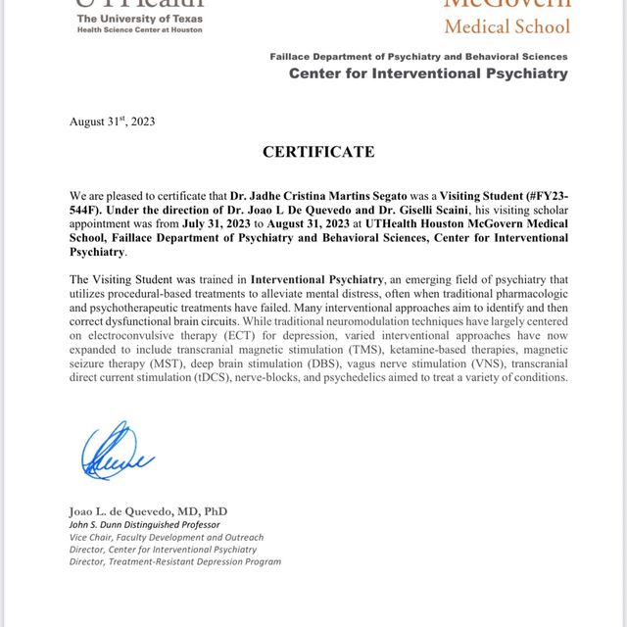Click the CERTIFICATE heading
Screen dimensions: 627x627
click(x=317, y=152)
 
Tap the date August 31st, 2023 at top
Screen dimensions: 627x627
click(x=112, y=121)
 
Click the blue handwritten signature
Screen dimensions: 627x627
click(x=117, y=453)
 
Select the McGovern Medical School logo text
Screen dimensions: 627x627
click(x=504, y=16)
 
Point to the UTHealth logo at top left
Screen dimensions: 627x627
click(x=139, y=14)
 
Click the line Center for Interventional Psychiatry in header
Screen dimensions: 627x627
click(x=428, y=73)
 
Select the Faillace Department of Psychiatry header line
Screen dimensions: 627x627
click(x=418, y=57)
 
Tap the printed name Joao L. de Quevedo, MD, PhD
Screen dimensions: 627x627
click(x=148, y=511)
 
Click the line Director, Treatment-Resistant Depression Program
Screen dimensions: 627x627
click(x=174, y=561)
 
